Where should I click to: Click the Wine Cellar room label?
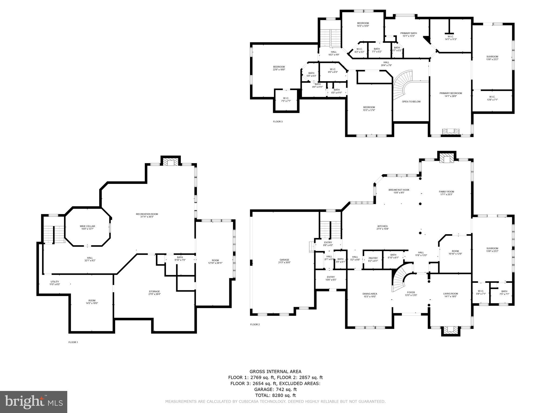point(87,226)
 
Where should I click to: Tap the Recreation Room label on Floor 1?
point(147,214)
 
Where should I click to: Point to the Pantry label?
point(373,258)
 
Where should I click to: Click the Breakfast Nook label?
point(399,190)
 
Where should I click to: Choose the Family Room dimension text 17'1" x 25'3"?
point(447,194)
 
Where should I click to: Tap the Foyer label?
point(411,292)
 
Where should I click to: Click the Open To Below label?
point(411,102)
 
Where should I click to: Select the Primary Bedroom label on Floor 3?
point(451,93)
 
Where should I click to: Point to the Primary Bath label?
point(408,33)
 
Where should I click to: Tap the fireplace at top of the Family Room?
point(447,159)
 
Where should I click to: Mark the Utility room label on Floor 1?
point(55,282)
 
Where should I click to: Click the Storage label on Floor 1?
point(154,291)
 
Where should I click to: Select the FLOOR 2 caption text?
point(255,325)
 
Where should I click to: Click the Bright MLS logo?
point(33,402)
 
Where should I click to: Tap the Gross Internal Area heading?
point(275,372)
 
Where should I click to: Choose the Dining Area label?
point(370,294)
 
